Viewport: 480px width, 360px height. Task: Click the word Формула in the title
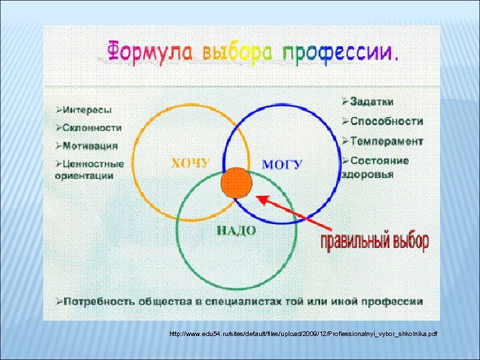click(141, 51)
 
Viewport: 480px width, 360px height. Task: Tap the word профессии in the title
click(340, 51)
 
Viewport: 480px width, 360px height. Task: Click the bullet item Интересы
click(83, 109)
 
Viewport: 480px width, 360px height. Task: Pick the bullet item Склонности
click(88, 127)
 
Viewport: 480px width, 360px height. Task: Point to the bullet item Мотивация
click(87, 145)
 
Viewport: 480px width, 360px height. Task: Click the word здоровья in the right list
click(367, 174)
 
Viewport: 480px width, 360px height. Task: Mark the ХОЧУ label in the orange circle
click(191, 163)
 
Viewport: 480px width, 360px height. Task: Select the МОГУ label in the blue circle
click(281, 163)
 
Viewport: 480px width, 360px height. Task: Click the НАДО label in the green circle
click(237, 230)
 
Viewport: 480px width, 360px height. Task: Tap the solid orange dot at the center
click(237, 183)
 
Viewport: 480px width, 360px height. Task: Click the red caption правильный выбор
click(374, 242)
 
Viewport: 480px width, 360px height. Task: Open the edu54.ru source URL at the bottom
click(303, 333)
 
